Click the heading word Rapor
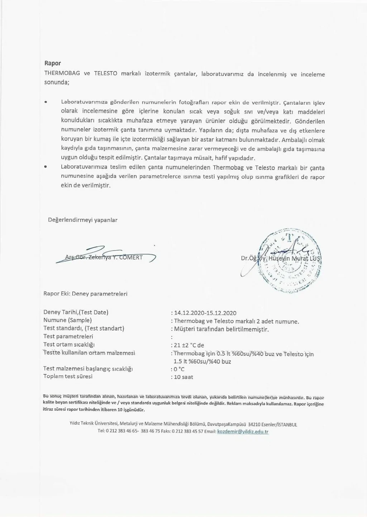pos(52,63)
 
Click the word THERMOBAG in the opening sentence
pos(62,74)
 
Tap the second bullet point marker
pos(46,167)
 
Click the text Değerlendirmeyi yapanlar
pos(83,220)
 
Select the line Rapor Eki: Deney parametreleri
pos(85,294)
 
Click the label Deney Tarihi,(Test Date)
pos(76,312)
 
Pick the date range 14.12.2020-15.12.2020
pos(205,313)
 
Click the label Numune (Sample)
pos(67,320)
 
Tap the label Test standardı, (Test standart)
pos(84,328)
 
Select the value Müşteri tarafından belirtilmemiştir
pos(221,329)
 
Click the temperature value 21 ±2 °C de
pos(189,345)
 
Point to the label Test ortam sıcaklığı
pos(69,345)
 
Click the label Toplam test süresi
pos(68,376)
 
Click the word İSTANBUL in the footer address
pos(287,424)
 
